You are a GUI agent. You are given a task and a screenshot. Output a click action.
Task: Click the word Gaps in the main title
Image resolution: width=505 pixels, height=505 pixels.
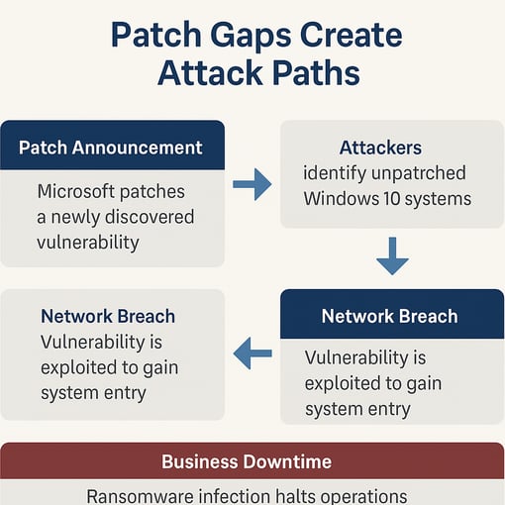click(231, 36)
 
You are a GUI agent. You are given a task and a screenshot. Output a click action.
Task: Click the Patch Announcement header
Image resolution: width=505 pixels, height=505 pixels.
click(111, 148)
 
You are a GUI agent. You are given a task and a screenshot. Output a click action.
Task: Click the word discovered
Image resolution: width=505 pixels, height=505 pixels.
click(145, 216)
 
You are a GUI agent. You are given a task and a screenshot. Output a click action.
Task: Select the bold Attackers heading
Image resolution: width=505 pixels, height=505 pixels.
click(380, 148)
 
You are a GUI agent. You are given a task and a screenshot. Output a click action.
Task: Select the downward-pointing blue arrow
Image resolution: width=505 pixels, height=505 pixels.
click(392, 256)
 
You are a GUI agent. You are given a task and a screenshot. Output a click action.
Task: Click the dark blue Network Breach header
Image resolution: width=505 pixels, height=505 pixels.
click(389, 317)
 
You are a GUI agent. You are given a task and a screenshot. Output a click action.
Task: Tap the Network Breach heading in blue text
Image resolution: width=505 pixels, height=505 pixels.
click(108, 317)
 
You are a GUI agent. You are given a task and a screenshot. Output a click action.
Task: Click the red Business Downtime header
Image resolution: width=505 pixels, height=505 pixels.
click(247, 461)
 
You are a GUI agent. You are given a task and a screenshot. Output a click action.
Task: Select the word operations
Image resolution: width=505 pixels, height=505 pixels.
click(361, 495)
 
